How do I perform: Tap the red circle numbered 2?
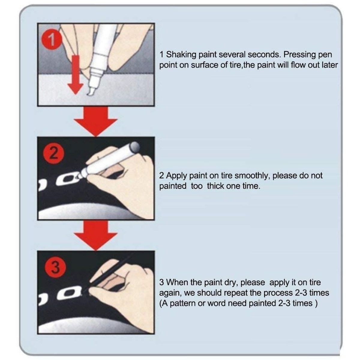pos(54,154)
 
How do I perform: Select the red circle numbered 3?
pos(55,267)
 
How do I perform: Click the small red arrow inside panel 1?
pos(76,74)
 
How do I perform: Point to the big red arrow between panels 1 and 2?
pos(96,121)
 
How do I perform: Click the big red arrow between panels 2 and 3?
pos(96,235)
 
